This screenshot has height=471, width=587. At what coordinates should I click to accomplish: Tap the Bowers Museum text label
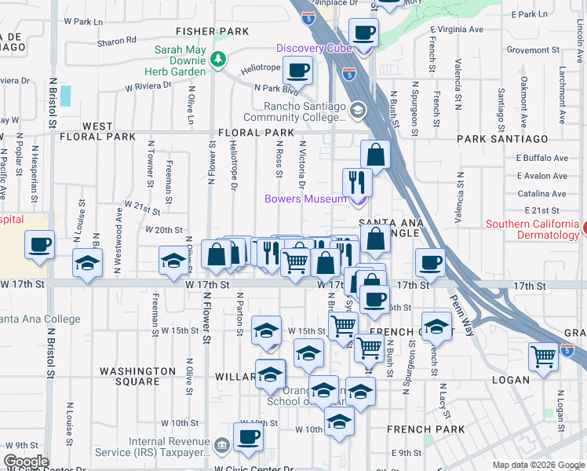tap(305, 199)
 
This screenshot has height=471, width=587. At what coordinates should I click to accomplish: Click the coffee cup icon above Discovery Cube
tap(363, 33)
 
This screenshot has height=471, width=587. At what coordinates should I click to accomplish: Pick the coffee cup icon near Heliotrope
tap(297, 71)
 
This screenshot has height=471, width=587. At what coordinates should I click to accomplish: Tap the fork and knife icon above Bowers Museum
tap(357, 181)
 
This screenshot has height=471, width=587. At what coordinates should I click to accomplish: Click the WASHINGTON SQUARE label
tap(138, 376)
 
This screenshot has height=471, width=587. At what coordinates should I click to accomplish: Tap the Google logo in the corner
tap(26, 462)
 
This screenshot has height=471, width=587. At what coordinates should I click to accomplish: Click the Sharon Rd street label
tap(118, 39)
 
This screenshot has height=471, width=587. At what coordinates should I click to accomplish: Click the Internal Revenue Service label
tap(162, 447)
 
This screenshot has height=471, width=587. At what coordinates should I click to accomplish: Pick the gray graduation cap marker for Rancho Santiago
tap(358, 110)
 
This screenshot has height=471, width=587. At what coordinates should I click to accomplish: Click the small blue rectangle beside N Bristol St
tap(64, 96)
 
